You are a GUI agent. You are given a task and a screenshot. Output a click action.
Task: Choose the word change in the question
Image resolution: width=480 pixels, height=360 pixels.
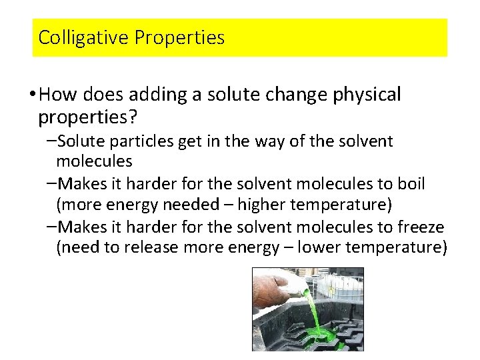coord(289,95)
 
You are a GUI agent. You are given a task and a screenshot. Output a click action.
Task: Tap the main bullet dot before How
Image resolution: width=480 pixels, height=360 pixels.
coord(33,95)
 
